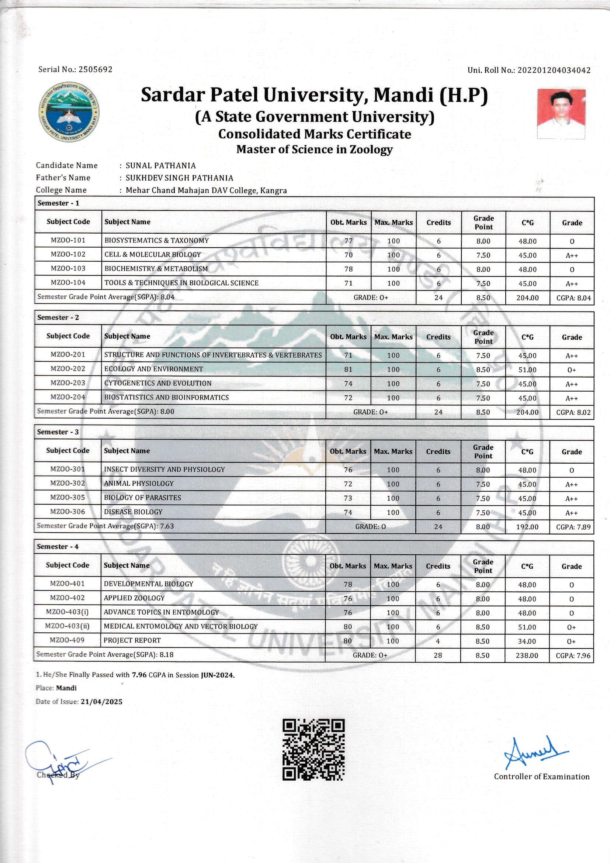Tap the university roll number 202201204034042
pos(554,70)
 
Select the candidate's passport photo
pos(561,114)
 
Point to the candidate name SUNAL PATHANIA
pos(160,165)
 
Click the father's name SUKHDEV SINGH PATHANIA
pos(179,178)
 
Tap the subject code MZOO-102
pos(68,254)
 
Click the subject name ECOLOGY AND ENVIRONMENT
pos(153,369)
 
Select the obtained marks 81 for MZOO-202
pos(348,369)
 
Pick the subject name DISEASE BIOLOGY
pos(133,512)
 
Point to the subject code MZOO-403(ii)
pos(67,626)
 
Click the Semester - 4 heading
pos(58,547)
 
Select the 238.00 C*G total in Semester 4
pos(527,656)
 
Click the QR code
pos(313,749)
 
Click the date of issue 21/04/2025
pos(101,702)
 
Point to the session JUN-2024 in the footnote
pos(218,675)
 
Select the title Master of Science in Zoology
pos(314,149)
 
